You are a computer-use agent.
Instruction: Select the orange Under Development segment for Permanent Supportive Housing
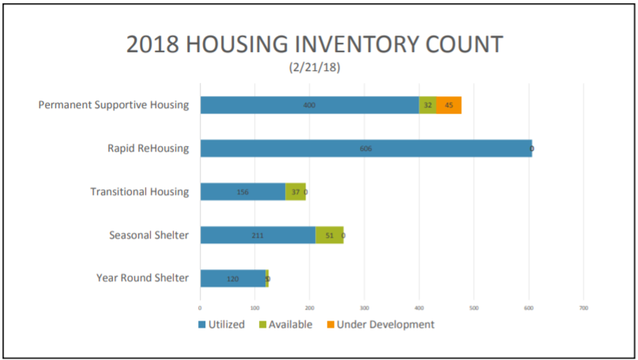448,105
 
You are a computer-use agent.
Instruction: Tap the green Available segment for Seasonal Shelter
329,235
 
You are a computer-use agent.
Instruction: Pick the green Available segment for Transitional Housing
295,192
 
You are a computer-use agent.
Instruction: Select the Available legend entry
284,324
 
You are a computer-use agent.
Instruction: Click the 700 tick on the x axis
584,307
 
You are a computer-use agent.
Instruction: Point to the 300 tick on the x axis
364,307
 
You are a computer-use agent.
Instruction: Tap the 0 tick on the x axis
200,307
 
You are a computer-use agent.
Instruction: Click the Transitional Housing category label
140,192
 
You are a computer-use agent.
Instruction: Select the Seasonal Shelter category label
149,234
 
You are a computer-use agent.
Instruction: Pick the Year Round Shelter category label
142,278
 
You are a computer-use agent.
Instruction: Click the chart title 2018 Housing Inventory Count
314,44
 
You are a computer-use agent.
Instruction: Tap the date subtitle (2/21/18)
314,68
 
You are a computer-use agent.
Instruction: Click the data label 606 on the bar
366,148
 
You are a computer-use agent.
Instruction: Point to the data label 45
448,105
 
